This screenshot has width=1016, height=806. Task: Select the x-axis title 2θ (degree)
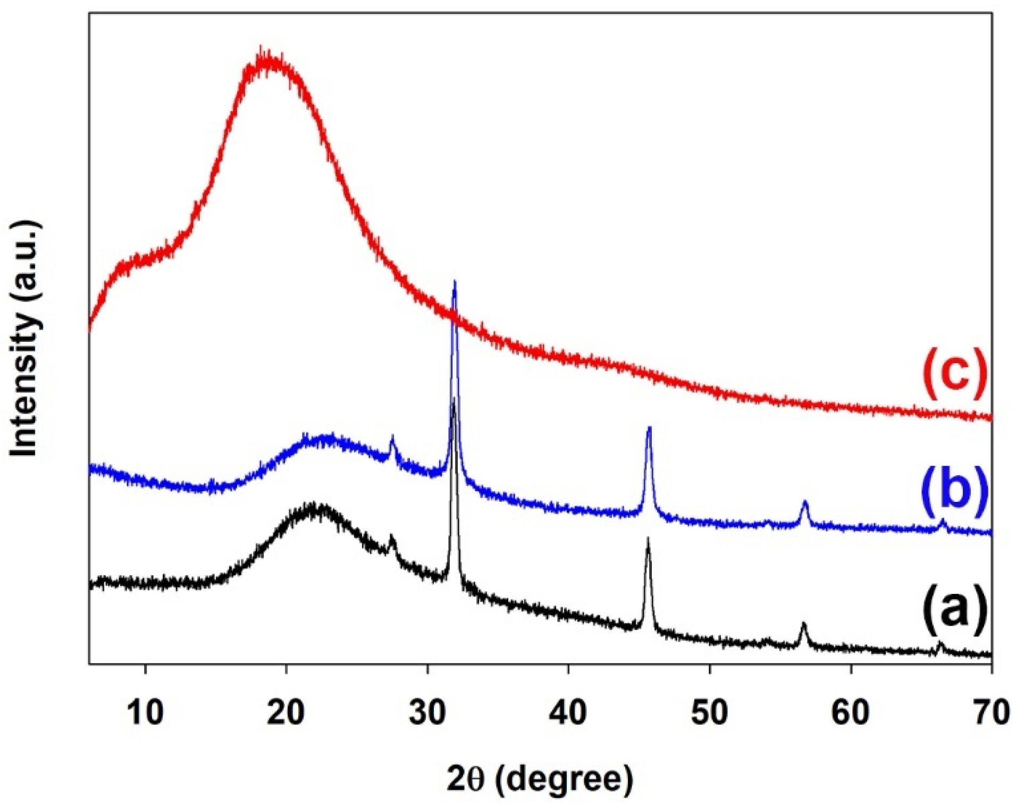[x=540, y=779]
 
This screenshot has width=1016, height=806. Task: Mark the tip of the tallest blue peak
[x=454, y=281]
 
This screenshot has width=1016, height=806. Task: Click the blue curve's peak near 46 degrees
[x=649, y=427]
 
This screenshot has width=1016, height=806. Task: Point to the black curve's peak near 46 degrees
[x=648, y=539]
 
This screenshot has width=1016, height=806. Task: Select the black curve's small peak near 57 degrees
[x=803, y=623]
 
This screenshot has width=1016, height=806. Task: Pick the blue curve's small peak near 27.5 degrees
[x=392, y=437]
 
